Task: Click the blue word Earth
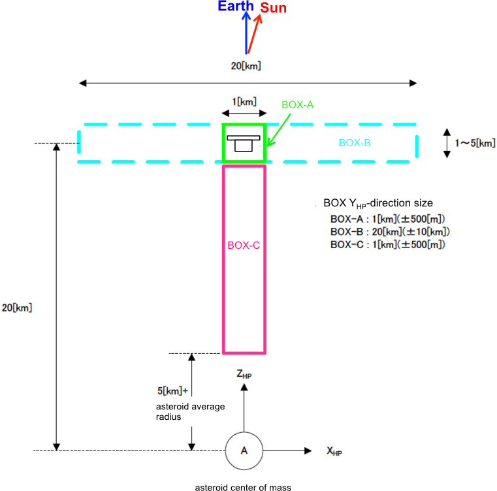[236, 7]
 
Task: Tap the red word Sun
[273, 8]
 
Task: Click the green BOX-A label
[298, 104]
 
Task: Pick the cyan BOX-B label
[355, 142]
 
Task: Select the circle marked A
[244, 451]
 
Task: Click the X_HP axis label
[335, 451]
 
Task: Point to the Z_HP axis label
[245, 374]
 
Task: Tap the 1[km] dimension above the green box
[244, 101]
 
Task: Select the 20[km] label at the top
[247, 65]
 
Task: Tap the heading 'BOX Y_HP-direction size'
[378, 203]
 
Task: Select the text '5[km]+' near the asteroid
[172, 390]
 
